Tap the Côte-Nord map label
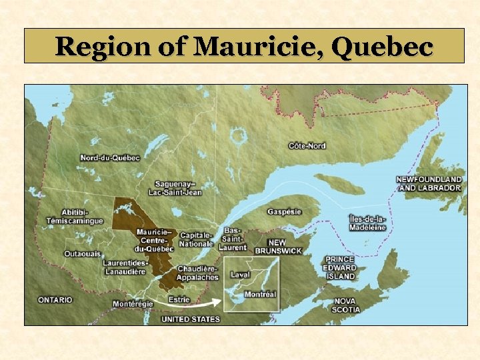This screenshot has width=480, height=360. pyautogui.click(x=307, y=145)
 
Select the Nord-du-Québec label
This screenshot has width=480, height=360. pyautogui.click(x=110, y=158)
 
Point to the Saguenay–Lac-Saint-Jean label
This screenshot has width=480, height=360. pyautogui.click(x=178, y=188)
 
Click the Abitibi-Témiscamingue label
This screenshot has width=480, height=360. pyautogui.click(x=75, y=216)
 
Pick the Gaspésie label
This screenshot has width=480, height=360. pyautogui.click(x=285, y=211)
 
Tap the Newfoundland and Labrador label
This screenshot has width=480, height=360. pyautogui.click(x=429, y=183)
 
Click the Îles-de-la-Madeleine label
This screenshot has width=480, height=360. pyautogui.click(x=367, y=223)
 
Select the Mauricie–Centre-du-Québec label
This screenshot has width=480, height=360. pyautogui.click(x=155, y=240)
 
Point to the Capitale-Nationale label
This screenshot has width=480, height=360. pyautogui.click(x=196, y=240)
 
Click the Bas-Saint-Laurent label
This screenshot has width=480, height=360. pyautogui.click(x=233, y=238)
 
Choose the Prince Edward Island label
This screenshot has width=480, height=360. pyautogui.click(x=340, y=267)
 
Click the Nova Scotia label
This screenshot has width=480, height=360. pyautogui.click(x=346, y=305)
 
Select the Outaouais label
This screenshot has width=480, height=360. pyautogui.click(x=82, y=253)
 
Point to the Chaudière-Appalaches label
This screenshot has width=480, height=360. pyautogui.click(x=197, y=273)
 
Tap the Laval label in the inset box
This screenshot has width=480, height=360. pyautogui.click(x=240, y=274)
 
